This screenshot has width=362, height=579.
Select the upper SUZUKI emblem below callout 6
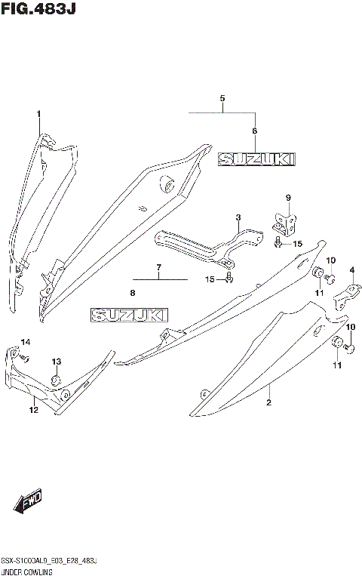click(256, 159)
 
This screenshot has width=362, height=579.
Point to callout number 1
click(38, 113)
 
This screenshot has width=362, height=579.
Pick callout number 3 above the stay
click(238, 218)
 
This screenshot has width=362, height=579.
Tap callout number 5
click(222, 99)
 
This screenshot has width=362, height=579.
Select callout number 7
click(159, 267)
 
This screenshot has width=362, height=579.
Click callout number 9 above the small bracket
click(287, 199)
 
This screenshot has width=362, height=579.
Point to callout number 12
click(32, 410)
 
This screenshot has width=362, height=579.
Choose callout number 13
click(56, 361)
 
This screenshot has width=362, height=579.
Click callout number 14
click(25, 343)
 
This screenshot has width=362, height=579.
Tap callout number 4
click(351, 270)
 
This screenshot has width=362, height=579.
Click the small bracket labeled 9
click(285, 222)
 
